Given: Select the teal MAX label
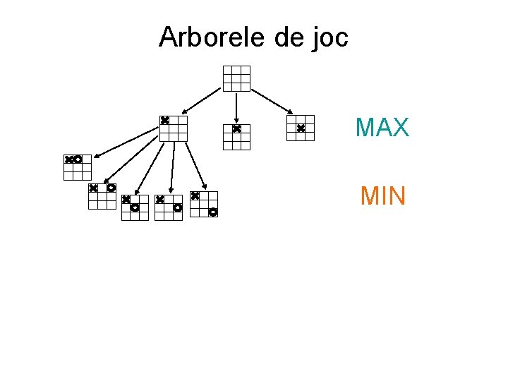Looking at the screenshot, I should [382, 128].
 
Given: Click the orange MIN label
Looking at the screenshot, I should [382, 195].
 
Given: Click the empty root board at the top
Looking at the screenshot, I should [236, 78].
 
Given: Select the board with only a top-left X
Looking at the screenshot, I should [173, 128].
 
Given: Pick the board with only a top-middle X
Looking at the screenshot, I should [236, 137].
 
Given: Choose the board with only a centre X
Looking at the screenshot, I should [300, 128].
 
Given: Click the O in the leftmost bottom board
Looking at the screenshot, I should [78, 159].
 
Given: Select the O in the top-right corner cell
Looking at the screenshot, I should [111, 188].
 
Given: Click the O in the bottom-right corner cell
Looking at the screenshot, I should [212, 212].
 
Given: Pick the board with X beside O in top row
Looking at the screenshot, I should [78, 168].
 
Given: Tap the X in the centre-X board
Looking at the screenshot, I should [300, 128].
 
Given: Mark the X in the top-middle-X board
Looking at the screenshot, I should [236, 129].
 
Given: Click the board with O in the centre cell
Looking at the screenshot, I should [135, 207].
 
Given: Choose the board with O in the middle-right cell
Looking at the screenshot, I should [169, 207].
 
